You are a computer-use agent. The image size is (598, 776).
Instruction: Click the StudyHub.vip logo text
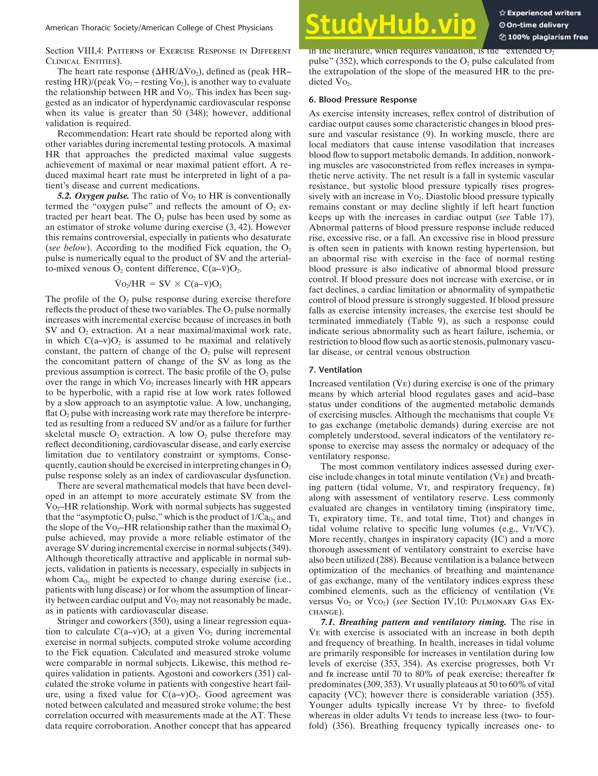tap(390, 25)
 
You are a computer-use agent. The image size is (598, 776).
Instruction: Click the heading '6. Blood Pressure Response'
tap(363, 100)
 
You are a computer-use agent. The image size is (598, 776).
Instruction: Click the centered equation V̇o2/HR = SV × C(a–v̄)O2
tap(168, 284)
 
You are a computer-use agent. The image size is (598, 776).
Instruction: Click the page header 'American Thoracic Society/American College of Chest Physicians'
tap(159, 28)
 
